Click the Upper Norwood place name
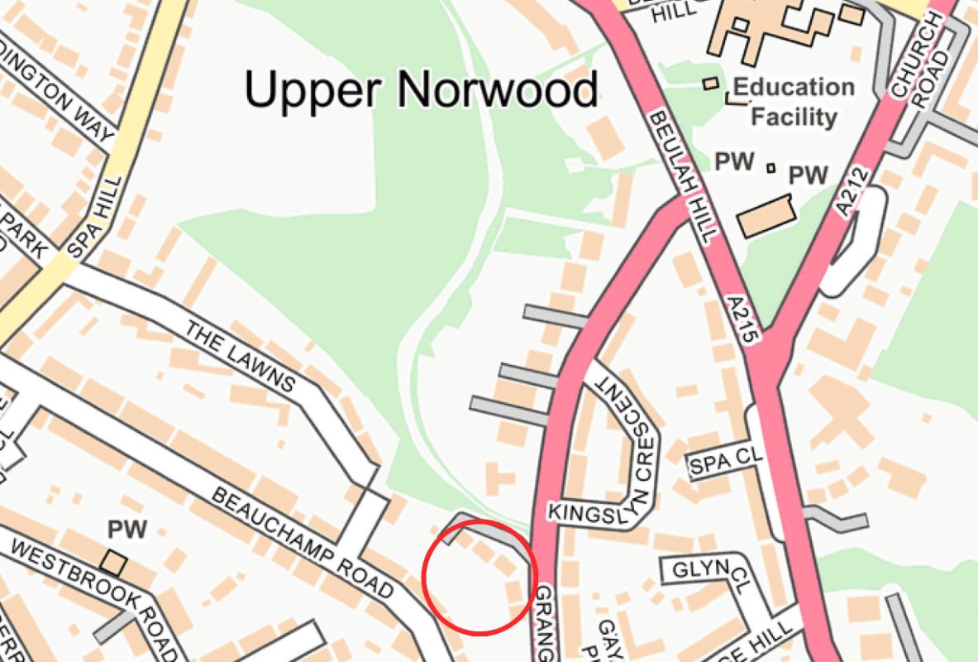(421, 89)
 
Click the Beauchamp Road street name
(303, 543)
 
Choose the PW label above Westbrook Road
(126, 530)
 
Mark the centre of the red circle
(479, 577)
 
